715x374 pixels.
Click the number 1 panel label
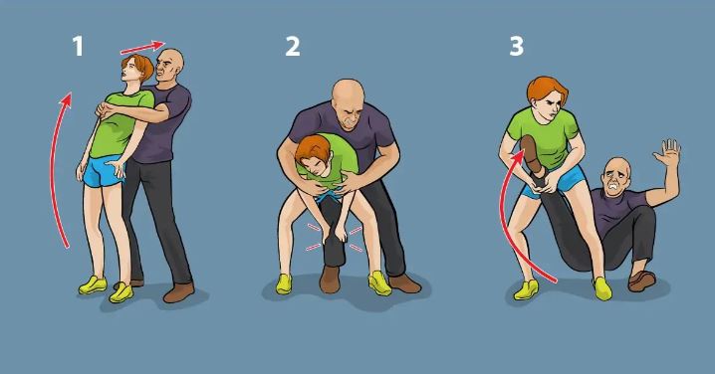tap(78, 47)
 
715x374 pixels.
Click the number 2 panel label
tap(293, 47)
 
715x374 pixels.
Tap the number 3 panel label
tap(516, 47)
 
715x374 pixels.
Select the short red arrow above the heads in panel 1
tap(142, 47)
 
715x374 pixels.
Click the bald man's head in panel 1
tap(170, 65)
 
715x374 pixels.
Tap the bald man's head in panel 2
tap(349, 103)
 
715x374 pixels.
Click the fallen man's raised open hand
tap(667, 153)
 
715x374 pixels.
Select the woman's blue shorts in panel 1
tap(104, 170)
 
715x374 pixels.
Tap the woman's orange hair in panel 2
tap(311, 149)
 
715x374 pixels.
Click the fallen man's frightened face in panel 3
tap(613, 179)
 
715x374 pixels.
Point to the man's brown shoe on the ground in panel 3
tap(642, 280)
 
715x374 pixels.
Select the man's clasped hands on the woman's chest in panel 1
tap(108, 108)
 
